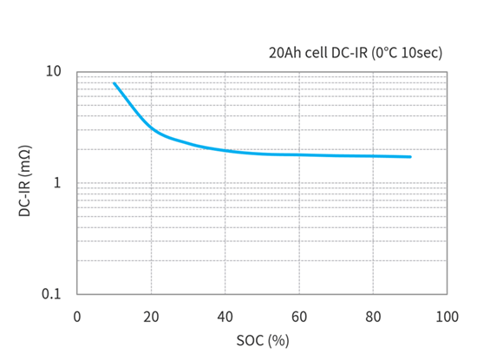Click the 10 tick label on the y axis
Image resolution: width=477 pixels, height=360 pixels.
pos(54,71)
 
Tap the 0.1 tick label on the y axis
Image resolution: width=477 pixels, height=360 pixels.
pos(51,294)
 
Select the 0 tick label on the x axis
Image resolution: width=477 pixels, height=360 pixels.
pos(77,317)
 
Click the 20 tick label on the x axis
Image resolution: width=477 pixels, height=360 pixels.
pos(151,317)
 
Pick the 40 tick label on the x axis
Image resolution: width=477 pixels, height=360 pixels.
pos(225,317)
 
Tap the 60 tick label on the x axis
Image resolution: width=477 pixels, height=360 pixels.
pos(299,317)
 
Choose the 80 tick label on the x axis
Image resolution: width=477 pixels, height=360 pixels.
pos(373,317)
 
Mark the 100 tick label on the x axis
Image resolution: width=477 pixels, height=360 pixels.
pos(447,317)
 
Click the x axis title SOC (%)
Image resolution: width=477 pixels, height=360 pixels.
pos(262,340)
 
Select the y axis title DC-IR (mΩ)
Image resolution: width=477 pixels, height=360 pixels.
pos(24,183)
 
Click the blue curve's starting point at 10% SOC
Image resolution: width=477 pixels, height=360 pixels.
pos(114,83)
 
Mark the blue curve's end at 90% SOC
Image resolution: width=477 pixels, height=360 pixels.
pos(410,157)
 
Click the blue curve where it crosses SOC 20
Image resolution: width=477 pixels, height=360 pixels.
pos(151,128)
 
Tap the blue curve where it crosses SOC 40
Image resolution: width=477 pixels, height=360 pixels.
pos(225,150)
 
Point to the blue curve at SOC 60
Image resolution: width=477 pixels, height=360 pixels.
pos(299,154)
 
